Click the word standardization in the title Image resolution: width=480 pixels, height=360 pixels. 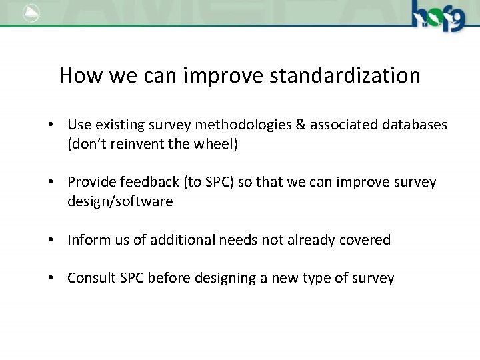345,75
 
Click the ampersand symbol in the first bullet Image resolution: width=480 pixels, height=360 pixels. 283,125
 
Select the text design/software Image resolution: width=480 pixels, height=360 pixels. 120,201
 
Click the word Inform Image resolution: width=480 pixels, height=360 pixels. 87,239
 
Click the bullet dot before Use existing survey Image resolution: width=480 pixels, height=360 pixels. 51,125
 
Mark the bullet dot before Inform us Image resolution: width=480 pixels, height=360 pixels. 51,240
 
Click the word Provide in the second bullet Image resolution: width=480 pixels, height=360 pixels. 91,182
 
